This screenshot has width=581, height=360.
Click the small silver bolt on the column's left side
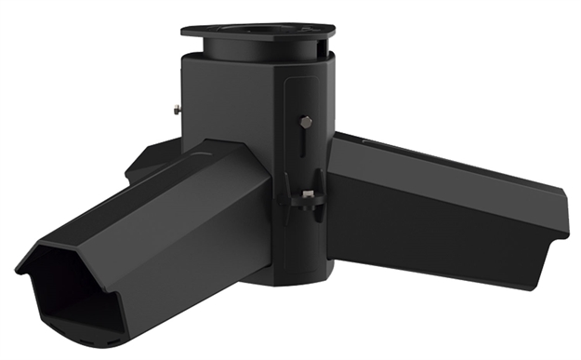point(176,110)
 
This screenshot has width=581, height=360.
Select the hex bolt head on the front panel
point(306,121)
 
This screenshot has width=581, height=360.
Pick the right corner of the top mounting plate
point(330,30)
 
